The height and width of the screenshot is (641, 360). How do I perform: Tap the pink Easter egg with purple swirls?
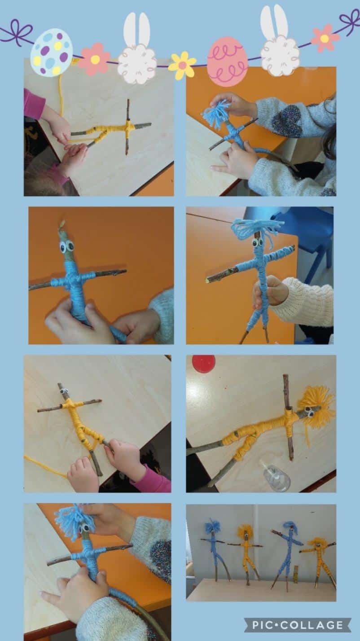[227, 60]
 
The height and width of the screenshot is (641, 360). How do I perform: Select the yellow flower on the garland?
[182, 65]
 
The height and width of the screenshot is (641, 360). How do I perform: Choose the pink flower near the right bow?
[325, 38]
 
